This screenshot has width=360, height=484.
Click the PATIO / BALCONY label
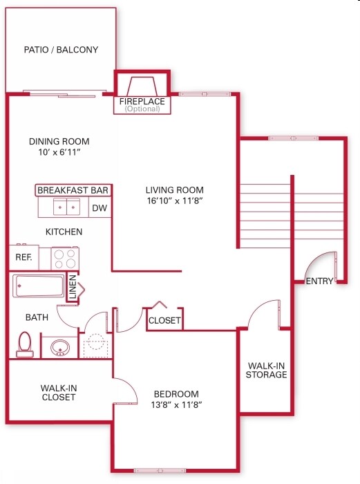(x=61, y=50)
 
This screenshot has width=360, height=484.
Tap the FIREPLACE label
(x=142, y=102)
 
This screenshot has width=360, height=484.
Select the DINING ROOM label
(x=59, y=142)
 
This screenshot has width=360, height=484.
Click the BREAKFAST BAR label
(x=73, y=190)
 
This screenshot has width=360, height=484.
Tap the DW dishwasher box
(x=100, y=207)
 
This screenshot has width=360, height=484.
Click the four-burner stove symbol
(x=66, y=259)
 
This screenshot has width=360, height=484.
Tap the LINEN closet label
(x=73, y=288)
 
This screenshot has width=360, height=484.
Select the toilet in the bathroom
(x=25, y=344)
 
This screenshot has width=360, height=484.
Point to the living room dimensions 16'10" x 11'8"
(x=174, y=202)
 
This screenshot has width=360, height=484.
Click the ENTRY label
(x=319, y=281)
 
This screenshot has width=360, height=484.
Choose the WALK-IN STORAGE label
(x=266, y=370)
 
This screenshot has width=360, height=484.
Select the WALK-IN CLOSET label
(x=58, y=393)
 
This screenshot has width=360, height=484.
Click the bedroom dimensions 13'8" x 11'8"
(x=176, y=406)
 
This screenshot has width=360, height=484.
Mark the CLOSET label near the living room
(x=164, y=321)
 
